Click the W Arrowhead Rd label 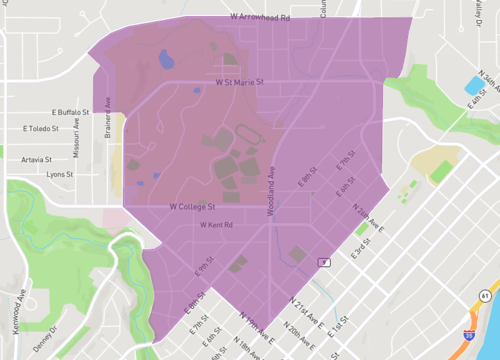pos(258,16)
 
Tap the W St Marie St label pos(239,82)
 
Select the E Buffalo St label pos(72,113)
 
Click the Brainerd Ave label pos(108,127)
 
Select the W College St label pos(192,206)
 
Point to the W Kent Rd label pos(216,225)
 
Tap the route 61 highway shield pos(484,296)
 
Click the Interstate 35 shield pos(468,338)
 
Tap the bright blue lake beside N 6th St pos(473,85)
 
